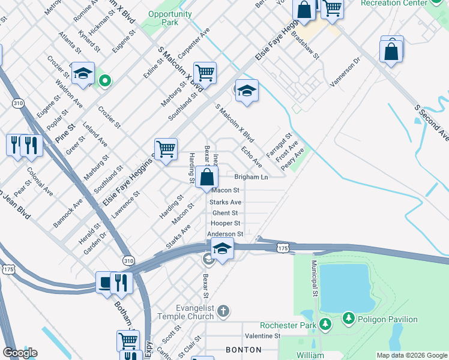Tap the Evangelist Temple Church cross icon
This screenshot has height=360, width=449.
coord(223,311)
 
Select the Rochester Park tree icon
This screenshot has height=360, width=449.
coord(325,325)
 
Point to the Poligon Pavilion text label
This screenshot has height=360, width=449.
coord(387,319)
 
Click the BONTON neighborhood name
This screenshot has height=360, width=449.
coord(243,349)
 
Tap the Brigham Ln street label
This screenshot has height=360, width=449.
coord(251,178)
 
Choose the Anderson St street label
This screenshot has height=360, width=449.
coord(225,234)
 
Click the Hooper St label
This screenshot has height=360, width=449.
coord(225,223)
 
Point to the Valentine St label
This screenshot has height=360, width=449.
coord(262,336)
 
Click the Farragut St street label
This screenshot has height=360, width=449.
coord(280,146)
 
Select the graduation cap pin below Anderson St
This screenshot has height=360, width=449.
coord(222,249)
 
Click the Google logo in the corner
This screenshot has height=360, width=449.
coord(20,353)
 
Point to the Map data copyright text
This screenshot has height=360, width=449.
coord(411,355)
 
